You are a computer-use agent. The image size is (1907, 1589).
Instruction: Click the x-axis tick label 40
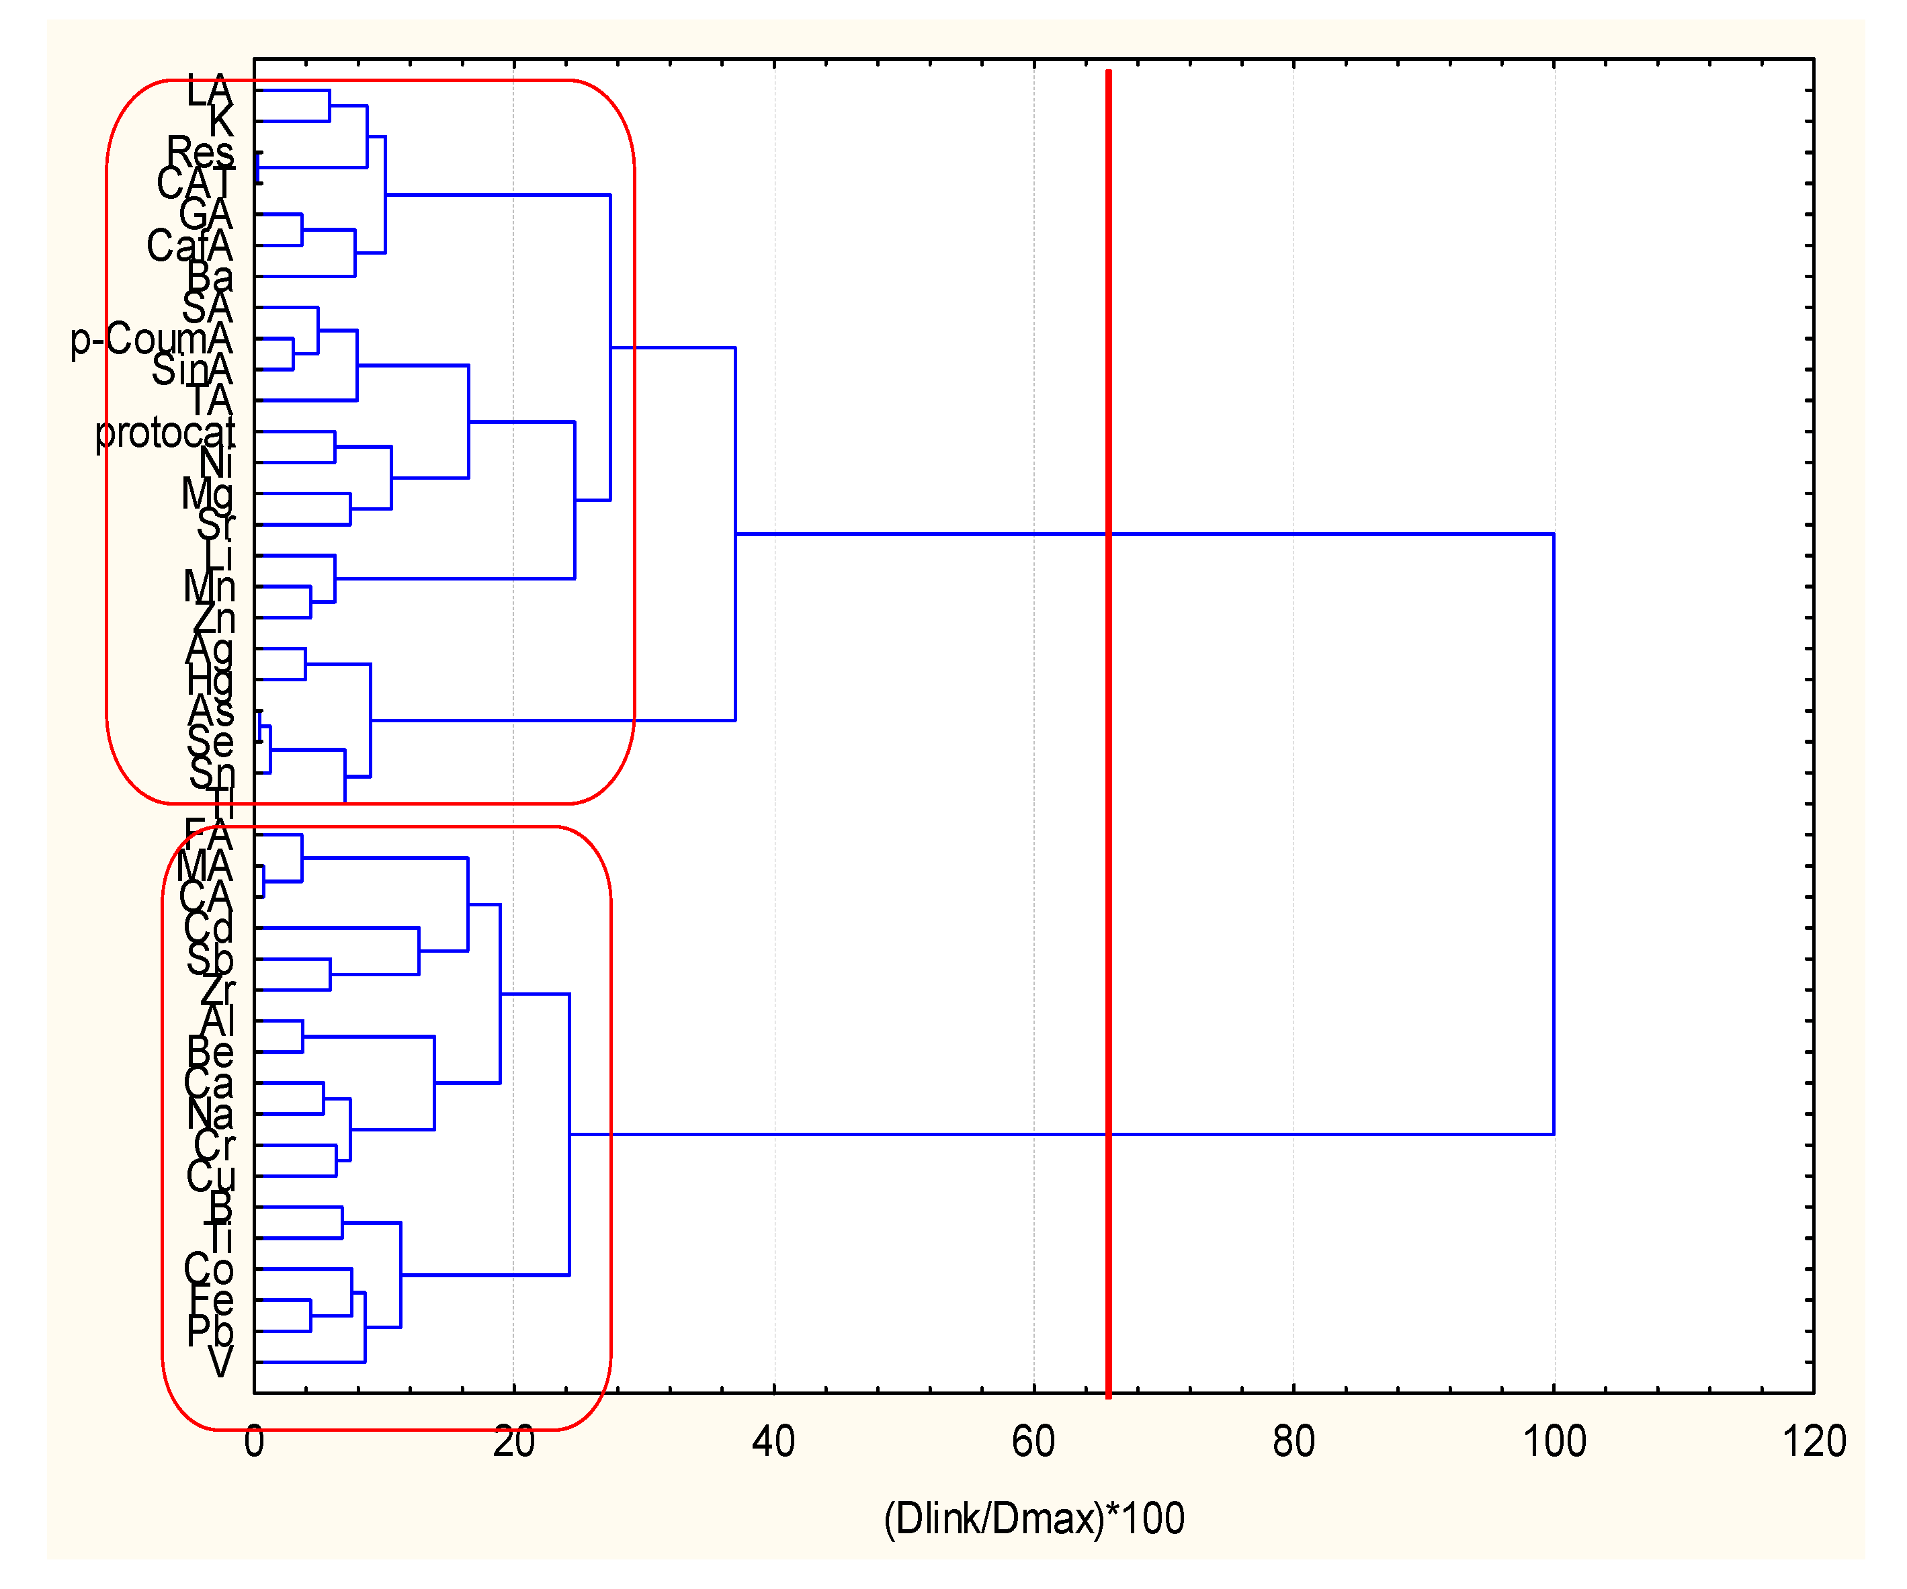pyautogui.click(x=773, y=1441)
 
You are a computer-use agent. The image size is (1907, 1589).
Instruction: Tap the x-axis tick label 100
pyautogui.click(x=1554, y=1441)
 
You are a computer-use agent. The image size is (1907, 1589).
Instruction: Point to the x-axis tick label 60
pyautogui.click(x=1033, y=1441)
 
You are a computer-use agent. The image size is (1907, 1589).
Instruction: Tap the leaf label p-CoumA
pyautogui.click(x=152, y=339)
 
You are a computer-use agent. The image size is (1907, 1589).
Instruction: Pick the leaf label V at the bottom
pyautogui.click(x=220, y=1362)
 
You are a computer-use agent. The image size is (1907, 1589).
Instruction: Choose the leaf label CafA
pyautogui.click(x=189, y=245)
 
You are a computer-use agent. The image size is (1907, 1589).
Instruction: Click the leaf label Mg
pyautogui.click(x=207, y=494)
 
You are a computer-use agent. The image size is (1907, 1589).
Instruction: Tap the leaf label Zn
pyautogui.click(x=214, y=618)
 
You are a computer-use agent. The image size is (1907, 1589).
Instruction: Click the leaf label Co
pyautogui.click(x=209, y=1269)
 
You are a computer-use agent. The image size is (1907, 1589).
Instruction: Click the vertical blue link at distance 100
pyautogui.click(x=1554, y=834)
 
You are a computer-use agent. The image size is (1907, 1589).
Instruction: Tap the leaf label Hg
pyautogui.click(x=210, y=680)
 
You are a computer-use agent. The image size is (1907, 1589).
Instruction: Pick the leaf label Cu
pyautogui.click(x=211, y=1176)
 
